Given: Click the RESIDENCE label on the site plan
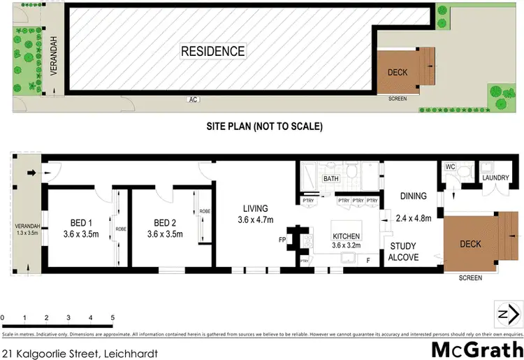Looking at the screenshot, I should click(x=213, y=51).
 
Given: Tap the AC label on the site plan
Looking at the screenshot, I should click(x=193, y=100).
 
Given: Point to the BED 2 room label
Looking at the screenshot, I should click(x=168, y=224).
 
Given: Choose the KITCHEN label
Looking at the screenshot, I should click(x=347, y=236).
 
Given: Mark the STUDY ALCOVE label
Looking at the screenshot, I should click(x=404, y=252).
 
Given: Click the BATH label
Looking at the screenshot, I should click(x=330, y=180).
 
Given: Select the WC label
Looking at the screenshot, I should click(x=451, y=167).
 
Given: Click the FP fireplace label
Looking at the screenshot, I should click(x=282, y=239).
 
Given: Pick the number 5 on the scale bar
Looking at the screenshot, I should click(x=112, y=318).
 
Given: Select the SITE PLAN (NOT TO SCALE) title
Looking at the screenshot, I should click(x=263, y=127).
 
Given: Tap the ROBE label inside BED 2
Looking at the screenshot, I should click(x=204, y=211).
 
